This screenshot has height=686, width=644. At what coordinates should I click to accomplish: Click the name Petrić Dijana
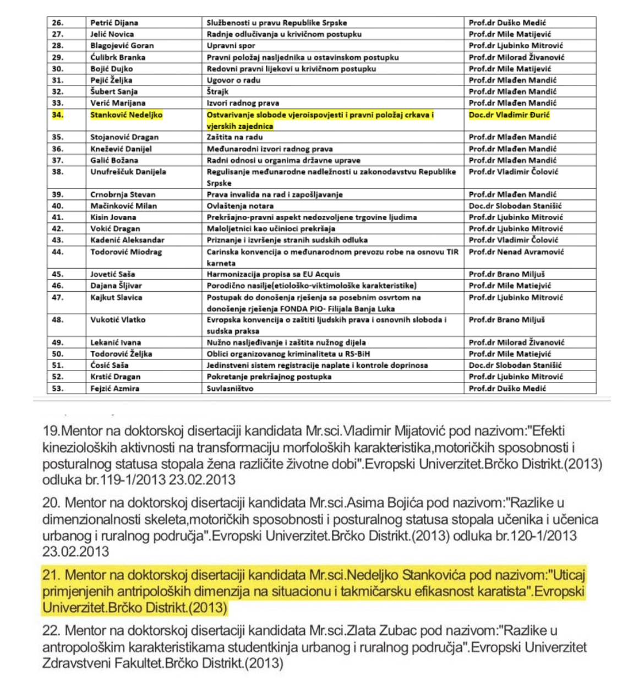click(x=114, y=23)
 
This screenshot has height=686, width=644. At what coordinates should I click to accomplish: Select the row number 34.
click(x=58, y=115)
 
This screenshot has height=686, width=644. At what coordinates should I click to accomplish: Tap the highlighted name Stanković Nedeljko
click(x=126, y=115)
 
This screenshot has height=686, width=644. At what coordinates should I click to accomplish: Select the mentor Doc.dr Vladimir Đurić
click(x=509, y=115)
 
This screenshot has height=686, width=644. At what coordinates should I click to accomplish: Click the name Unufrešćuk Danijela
click(x=128, y=172)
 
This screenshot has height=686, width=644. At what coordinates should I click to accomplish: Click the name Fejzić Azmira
click(x=114, y=388)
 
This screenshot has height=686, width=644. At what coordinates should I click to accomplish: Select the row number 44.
click(x=58, y=252)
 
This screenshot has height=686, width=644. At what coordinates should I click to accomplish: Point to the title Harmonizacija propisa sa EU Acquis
click(x=273, y=274)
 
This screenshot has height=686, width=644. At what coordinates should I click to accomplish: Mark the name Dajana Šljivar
click(x=116, y=286)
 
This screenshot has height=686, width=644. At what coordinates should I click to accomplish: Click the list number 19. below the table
click(x=51, y=431)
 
